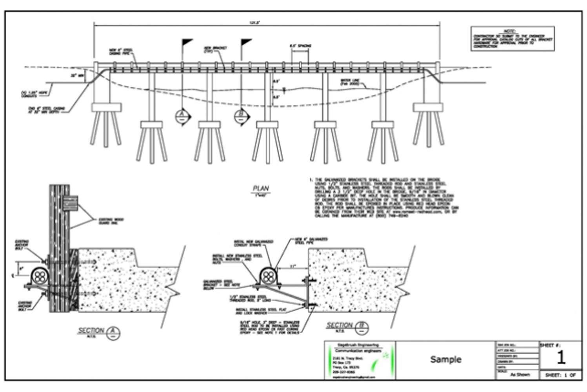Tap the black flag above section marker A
click(x=187, y=42)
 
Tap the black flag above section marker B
click(x=246, y=42)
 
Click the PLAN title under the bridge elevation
click(x=261, y=189)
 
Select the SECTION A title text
click(x=91, y=331)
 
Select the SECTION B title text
click(x=340, y=325)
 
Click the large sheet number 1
click(x=561, y=358)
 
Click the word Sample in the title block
click(x=445, y=359)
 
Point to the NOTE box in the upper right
click(x=512, y=39)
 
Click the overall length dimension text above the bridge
click(x=255, y=23)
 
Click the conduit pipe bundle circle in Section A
click(x=38, y=277)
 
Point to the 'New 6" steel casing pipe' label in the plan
click(x=121, y=52)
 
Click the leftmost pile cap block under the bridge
click(x=106, y=107)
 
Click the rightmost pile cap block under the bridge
click(x=428, y=107)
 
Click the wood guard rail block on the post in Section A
click(x=70, y=204)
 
